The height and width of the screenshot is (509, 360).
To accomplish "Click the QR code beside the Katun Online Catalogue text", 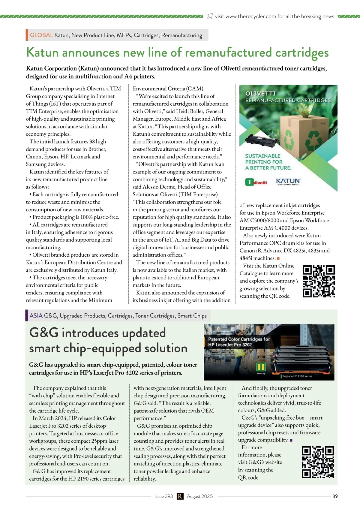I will pyautogui.click(x=319, y=281).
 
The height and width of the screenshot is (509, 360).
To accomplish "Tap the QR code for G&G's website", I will pyautogui.click(x=318, y=462).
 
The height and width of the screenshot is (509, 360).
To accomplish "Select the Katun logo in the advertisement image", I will pyautogui.click(x=288, y=182).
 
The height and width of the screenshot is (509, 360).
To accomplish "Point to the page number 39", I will pyautogui.click(x=335, y=496).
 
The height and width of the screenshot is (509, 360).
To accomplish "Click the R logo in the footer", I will pyautogui.click(x=180, y=496).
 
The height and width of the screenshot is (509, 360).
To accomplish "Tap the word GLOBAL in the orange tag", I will pyautogui.click(x=41, y=35).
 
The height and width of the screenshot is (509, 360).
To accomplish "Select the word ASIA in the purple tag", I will pyautogui.click(x=36, y=315).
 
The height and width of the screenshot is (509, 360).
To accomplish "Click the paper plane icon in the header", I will pyautogui.click(x=210, y=16).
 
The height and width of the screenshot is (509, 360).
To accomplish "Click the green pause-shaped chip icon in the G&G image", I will pyautogui.click(x=261, y=367).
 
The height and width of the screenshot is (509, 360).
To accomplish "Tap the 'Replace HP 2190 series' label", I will pyautogui.click(x=297, y=376).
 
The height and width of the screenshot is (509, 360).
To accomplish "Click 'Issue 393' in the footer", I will pyautogui.click(x=163, y=496).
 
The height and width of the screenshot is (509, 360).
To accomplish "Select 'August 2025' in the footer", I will pyautogui.click(x=200, y=496).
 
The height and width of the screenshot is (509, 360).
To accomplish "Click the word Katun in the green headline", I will pyautogui.click(x=42, y=53).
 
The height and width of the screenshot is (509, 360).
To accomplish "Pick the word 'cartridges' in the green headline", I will pyautogui.click(x=302, y=53).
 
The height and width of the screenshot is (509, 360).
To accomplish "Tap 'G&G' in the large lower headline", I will pyautogui.click(x=44, y=333).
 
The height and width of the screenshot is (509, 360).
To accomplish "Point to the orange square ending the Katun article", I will pyautogui.click(x=278, y=258).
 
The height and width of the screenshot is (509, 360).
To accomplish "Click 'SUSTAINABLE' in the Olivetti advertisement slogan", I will pyautogui.click(x=263, y=156).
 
